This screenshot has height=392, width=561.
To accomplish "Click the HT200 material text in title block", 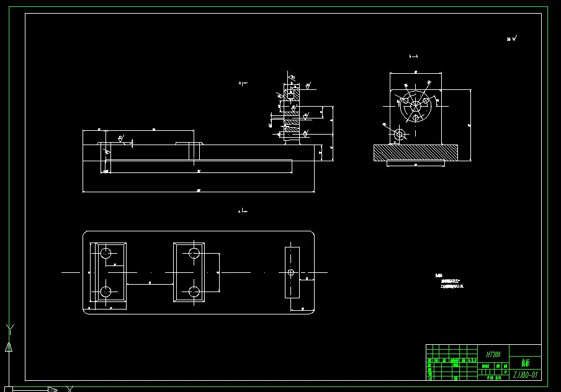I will pyautogui.click(x=493, y=354).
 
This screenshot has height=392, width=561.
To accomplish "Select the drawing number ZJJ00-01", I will pyautogui.click(x=525, y=375).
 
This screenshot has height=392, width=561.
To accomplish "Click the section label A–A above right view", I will pyautogui.click(x=414, y=56).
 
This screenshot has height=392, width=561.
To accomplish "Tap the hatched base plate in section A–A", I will pyautogui.click(x=415, y=153).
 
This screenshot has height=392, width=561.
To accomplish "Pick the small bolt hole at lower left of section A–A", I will pyautogui.click(x=400, y=133).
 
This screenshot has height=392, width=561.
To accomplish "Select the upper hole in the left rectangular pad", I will pyautogui.click(x=106, y=252).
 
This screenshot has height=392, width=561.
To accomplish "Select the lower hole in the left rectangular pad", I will pyautogui.click(x=106, y=292).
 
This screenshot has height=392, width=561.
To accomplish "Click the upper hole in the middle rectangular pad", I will pyautogui.click(x=194, y=252).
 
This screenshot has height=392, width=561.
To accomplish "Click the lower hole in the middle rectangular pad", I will pyautogui.click(x=194, y=291).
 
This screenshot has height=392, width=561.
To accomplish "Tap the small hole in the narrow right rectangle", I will pyautogui.click(x=291, y=272).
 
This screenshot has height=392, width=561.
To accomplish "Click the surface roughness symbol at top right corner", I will pyautogui.click(x=512, y=38).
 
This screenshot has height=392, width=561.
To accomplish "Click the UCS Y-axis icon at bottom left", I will pyautogui.click(x=9, y=338).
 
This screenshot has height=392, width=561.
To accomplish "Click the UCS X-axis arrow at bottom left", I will pyautogui.click(x=53, y=389).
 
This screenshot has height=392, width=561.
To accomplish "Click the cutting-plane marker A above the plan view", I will pyautogui.click(x=243, y=212).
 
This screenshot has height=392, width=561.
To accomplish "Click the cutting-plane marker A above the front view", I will pyautogui.click(x=243, y=82).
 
